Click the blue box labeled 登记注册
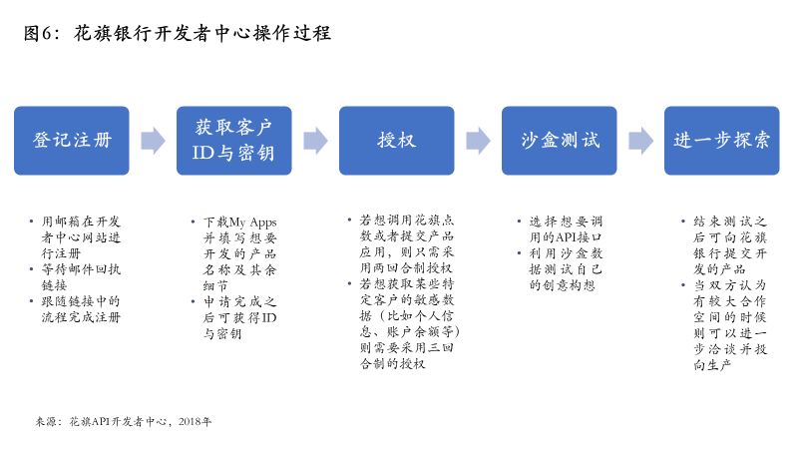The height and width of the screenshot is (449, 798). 71,141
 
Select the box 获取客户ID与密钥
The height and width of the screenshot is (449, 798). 234,141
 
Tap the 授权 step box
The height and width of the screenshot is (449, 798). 396,141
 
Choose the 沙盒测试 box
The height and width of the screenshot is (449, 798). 560,141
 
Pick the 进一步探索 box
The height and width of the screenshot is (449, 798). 721,141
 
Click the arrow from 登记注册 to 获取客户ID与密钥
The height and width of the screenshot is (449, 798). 154,141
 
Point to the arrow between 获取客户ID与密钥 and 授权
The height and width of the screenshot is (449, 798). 315,141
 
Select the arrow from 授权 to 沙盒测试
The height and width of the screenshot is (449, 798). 479,141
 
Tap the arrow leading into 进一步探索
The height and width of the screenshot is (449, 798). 640,141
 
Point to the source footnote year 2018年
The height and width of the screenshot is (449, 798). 195,421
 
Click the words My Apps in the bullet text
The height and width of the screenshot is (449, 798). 253,223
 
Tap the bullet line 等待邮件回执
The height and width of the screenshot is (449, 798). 81,269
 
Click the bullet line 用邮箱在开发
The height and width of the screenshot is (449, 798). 81,222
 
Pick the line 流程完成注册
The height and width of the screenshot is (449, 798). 81,317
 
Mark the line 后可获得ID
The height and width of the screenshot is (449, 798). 240,317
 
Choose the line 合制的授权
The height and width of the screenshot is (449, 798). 392,363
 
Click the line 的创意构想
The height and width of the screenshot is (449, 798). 562,285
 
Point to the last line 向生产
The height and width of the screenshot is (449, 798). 712,365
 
